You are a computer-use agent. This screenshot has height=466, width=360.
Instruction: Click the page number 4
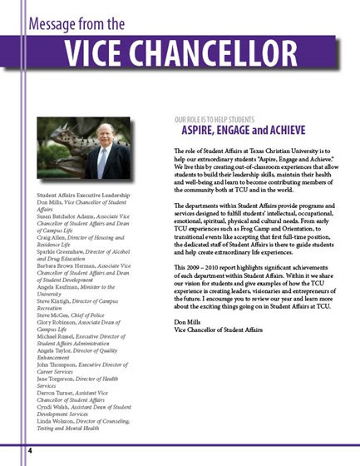point(29,449)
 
